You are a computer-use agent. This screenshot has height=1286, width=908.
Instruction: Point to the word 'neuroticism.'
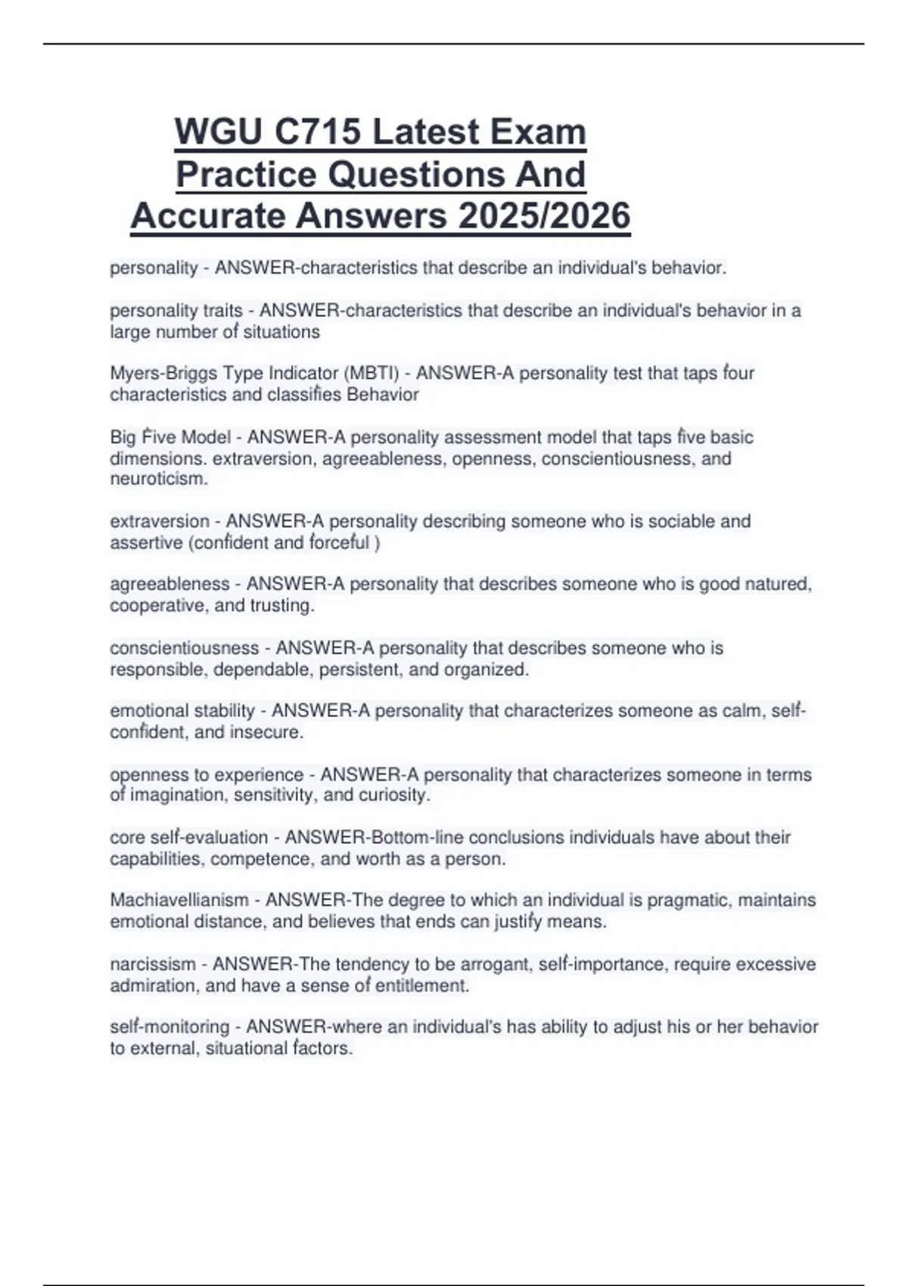(159, 479)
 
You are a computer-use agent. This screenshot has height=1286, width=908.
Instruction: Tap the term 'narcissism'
(153, 964)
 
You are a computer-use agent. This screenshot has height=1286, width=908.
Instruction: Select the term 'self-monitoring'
(169, 1027)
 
